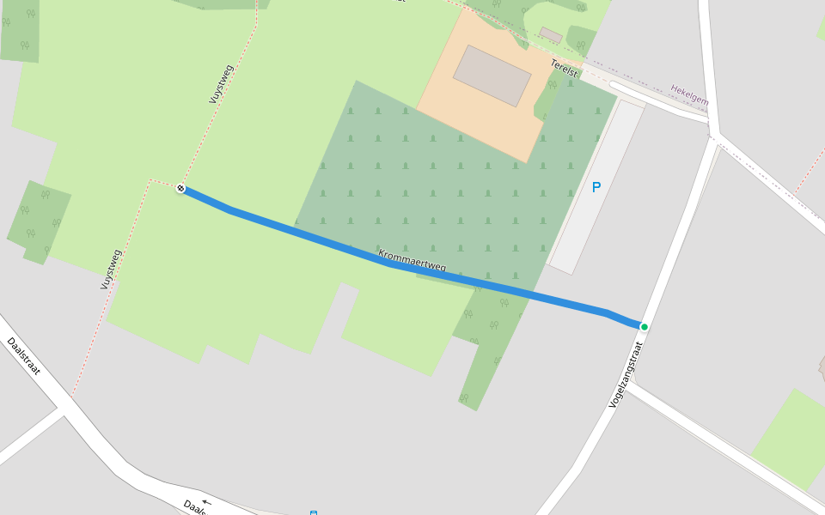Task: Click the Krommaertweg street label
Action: pyautogui.click(x=412, y=261)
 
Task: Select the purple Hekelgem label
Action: pyautogui.click(x=690, y=94)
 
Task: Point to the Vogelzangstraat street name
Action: pyautogui.click(x=626, y=373)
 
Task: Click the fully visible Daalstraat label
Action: pyautogui.click(x=23, y=356)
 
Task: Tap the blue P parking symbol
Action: pyautogui.click(x=596, y=186)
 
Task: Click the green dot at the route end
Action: pyautogui.click(x=644, y=326)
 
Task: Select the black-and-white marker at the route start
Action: pyautogui.click(x=180, y=188)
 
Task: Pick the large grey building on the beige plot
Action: pyautogui.click(x=492, y=76)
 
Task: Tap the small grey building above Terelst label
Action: pyautogui.click(x=551, y=35)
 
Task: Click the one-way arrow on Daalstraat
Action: pyautogui.click(x=206, y=501)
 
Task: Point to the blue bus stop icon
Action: pyautogui.click(x=314, y=512)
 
